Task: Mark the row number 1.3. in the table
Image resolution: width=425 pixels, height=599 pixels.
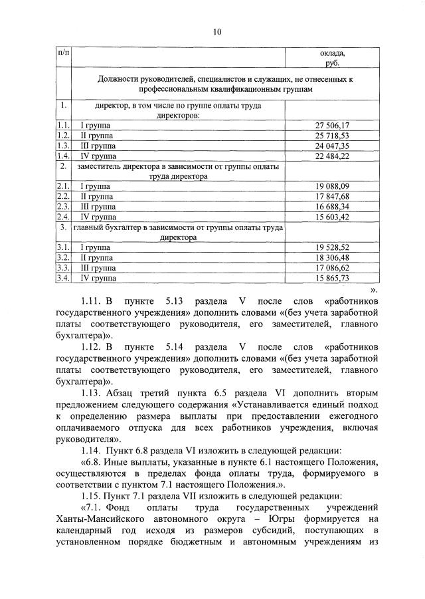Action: [x=63, y=146]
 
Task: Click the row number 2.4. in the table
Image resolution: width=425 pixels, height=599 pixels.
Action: [x=63, y=217]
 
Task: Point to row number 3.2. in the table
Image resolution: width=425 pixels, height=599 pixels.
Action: [x=63, y=258]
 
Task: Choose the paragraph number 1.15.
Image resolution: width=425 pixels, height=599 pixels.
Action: [x=92, y=497]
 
